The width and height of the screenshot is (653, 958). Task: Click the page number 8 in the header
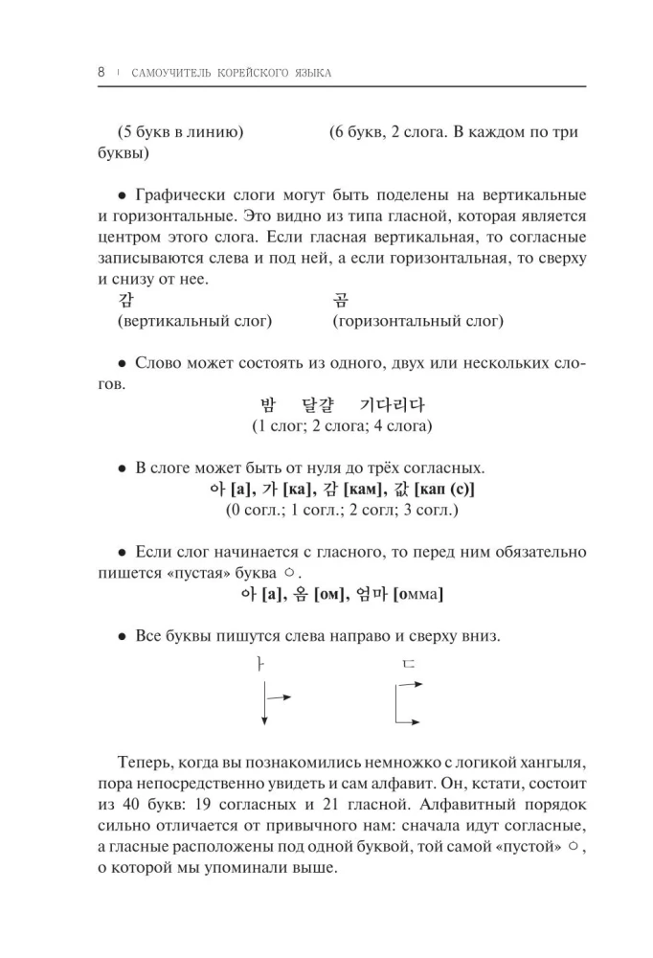pyautogui.click(x=101, y=73)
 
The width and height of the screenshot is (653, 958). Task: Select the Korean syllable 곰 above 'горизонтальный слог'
pyautogui.click(x=341, y=301)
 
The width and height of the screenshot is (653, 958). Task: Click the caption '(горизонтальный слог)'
pyautogui.click(x=417, y=322)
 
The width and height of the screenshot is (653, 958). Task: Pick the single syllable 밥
pyautogui.click(x=269, y=404)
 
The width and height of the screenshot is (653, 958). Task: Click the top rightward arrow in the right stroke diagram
pyautogui.click(x=409, y=684)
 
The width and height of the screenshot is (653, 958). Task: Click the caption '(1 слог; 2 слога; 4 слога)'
pyautogui.click(x=342, y=425)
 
